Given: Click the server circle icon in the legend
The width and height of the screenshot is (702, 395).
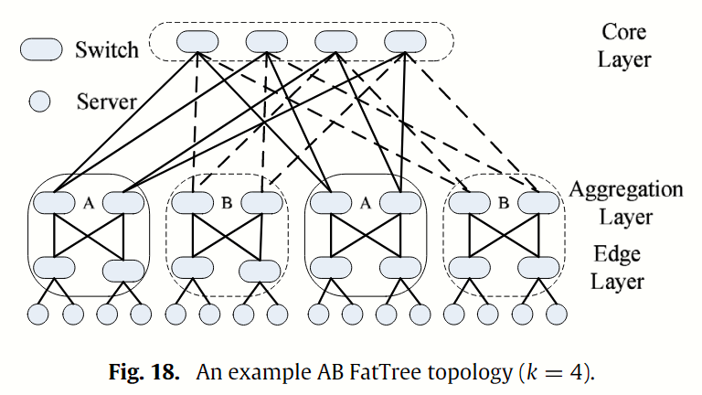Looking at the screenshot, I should (x=40, y=101).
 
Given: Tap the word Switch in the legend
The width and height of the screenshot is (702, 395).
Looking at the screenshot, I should (x=108, y=49).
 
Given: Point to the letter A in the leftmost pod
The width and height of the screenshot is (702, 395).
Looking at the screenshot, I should (x=89, y=201).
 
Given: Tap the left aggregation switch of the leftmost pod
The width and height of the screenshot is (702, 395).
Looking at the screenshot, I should (x=54, y=203).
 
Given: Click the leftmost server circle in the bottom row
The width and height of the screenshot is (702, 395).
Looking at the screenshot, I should (x=37, y=314).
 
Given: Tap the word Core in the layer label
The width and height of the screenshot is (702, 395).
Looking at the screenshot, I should (x=625, y=32).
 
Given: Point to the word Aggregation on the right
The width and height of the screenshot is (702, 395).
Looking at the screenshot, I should (x=626, y=190).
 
